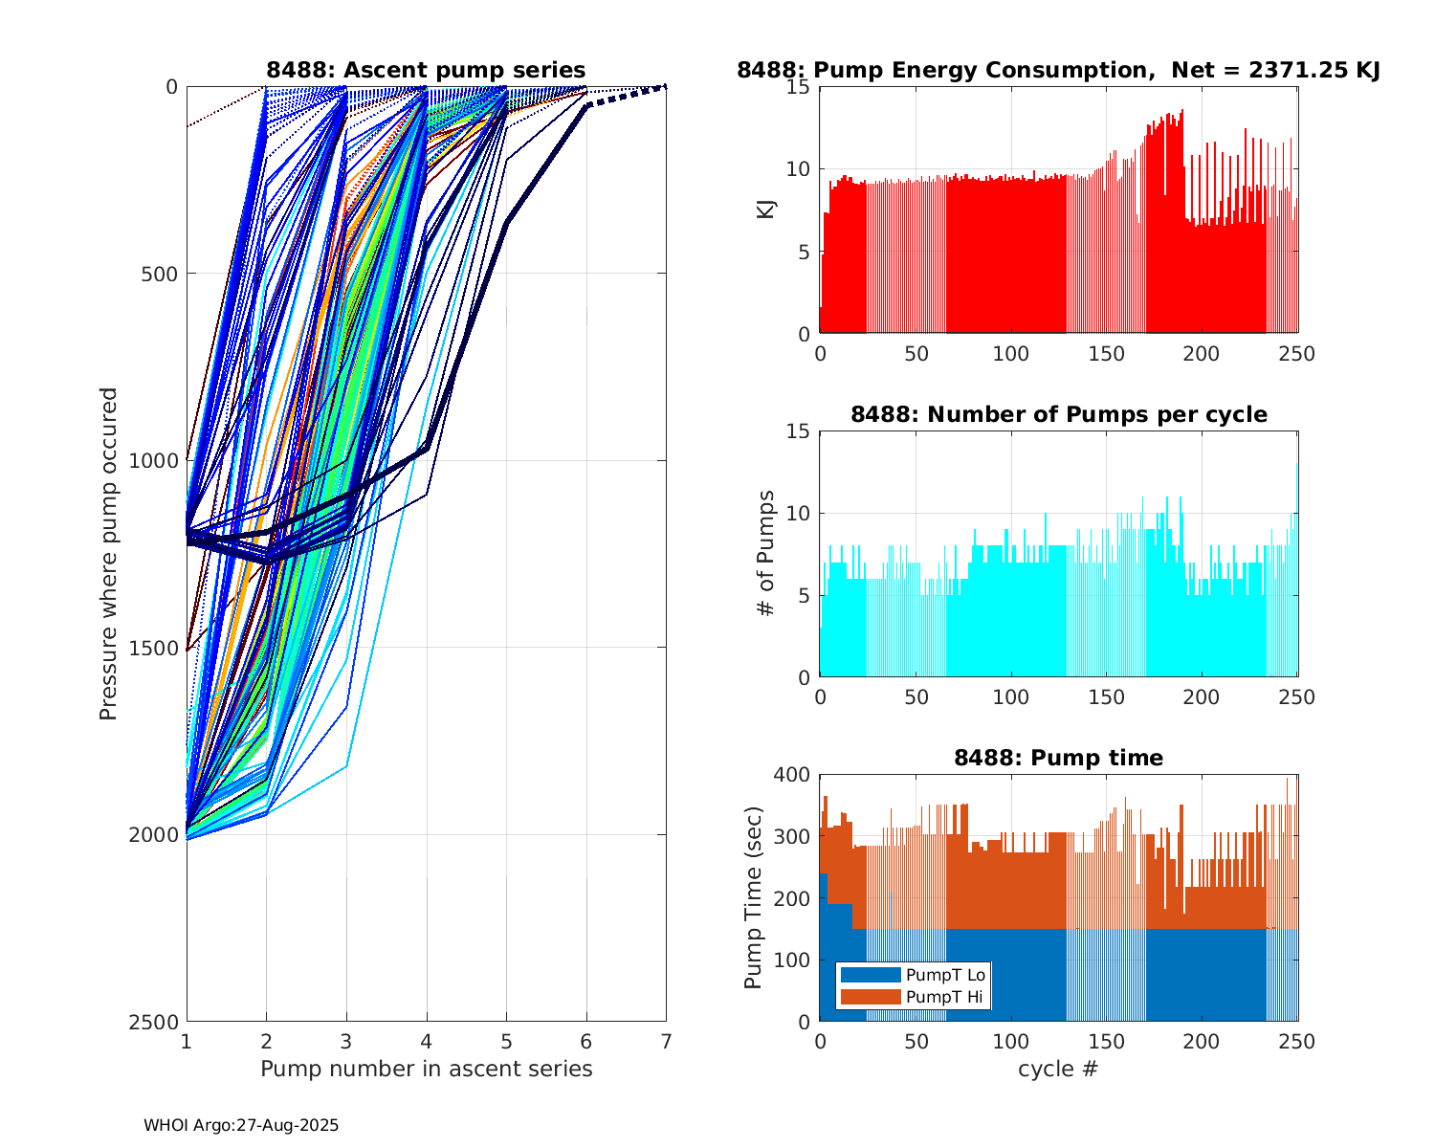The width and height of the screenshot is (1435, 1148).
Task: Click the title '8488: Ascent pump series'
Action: point(426,70)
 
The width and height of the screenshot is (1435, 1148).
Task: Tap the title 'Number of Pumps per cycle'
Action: point(1058,414)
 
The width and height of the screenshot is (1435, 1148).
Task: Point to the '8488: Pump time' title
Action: point(1058,758)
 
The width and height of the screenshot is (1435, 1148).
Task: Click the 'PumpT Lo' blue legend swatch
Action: point(870,975)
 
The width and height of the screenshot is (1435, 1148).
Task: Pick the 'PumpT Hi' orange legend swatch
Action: point(870,997)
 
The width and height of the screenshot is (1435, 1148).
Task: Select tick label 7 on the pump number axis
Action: point(666,1041)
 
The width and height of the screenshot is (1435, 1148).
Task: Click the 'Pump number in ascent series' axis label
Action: point(426,1069)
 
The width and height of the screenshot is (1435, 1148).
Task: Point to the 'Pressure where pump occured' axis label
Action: point(108,553)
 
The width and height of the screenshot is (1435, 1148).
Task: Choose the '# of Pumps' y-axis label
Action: point(765,553)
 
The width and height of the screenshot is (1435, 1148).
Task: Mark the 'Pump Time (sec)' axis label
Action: point(754,897)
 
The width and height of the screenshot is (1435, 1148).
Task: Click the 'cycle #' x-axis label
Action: point(1058,1069)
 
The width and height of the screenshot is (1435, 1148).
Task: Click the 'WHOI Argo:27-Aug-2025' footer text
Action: point(241,1126)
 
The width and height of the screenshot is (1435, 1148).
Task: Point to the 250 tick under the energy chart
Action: point(1297,354)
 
